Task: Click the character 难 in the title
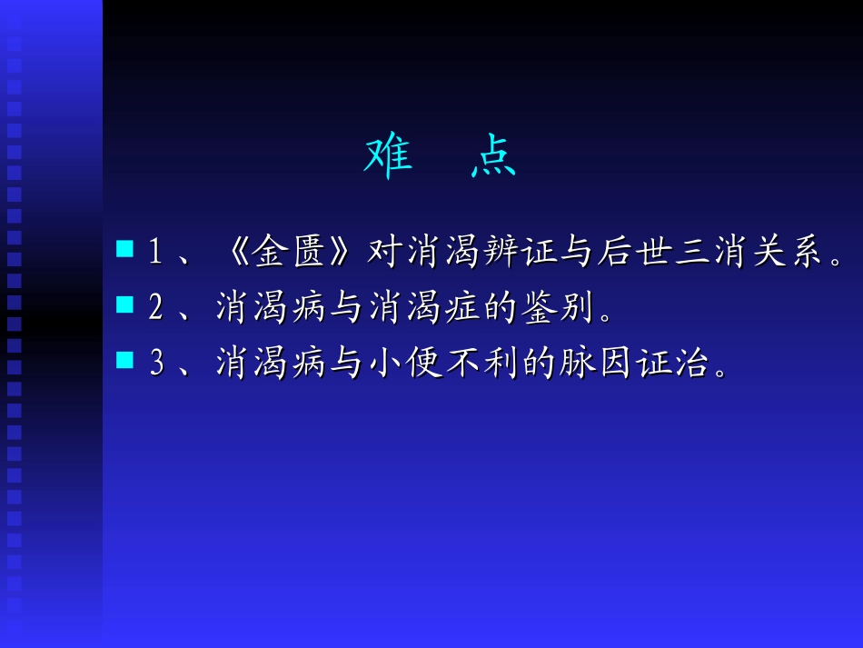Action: pos(389,157)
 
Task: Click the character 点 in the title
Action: pos(493,157)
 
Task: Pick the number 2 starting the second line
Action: pos(155,309)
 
